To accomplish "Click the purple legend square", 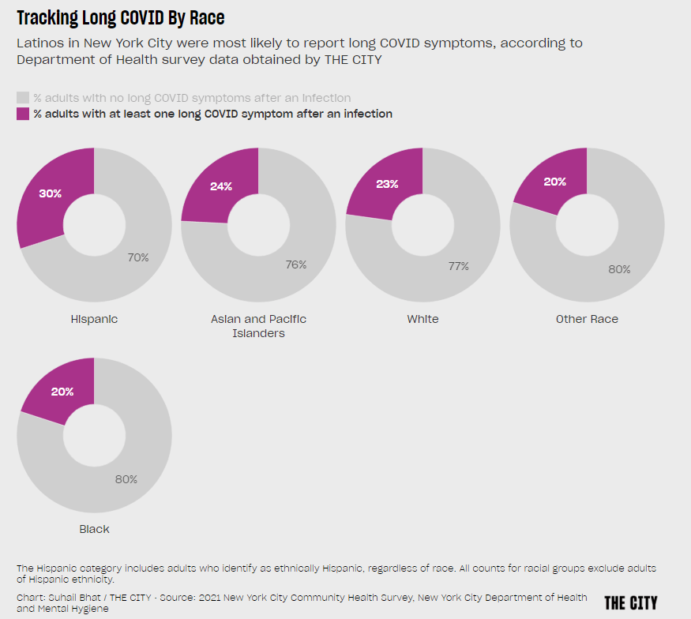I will [23, 114].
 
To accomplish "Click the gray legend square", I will [23, 98].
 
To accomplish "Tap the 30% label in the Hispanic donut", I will [51, 193].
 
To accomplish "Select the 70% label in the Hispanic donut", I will [137, 257].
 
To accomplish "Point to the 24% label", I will [220, 186].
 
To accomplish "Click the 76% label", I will [296, 264].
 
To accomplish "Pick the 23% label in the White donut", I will [386, 184].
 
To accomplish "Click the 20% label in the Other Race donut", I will [554, 182].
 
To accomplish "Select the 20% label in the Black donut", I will [62, 392].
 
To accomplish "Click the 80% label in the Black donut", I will [126, 479].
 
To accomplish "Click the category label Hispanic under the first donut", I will [94, 319].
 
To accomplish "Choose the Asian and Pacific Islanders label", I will [258, 326].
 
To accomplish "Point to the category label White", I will [422, 319].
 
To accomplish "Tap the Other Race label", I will [587, 319].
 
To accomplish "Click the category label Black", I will [94, 529].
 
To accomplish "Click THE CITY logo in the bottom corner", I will [630, 602].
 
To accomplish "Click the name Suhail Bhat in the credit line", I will [66, 597].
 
